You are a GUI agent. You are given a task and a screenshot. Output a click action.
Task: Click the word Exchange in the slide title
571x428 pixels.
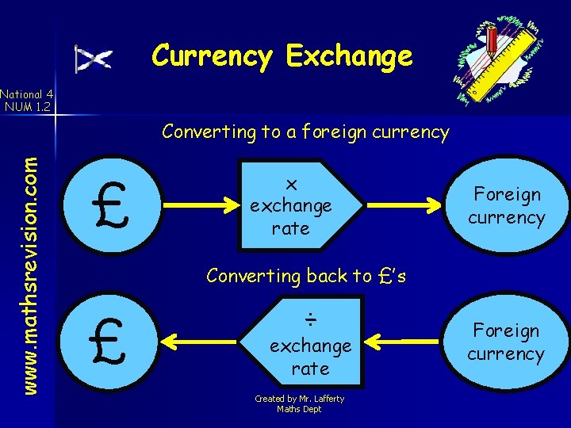click(350, 55)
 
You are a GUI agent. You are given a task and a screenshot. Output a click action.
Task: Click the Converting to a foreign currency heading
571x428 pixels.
click(305, 132)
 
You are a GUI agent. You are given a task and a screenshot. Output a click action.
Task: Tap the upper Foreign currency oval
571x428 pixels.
click(506, 206)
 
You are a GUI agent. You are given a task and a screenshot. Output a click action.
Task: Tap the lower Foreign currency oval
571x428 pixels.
click(506, 342)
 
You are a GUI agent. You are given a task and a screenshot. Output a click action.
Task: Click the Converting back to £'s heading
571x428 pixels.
click(305, 276)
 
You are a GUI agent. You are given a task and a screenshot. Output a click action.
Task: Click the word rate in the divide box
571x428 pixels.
click(310, 369)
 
